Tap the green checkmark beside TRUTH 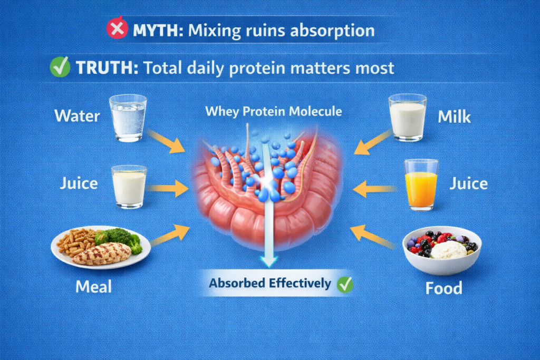(x=60, y=66)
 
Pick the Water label (x=77, y=115)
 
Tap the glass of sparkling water (x=128, y=118)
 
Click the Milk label (x=454, y=117)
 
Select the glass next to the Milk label (x=408, y=118)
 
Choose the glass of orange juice (x=421, y=184)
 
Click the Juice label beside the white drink (x=79, y=183)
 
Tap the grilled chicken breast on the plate (x=102, y=254)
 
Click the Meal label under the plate (x=93, y=287)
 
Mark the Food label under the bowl (x=443, y=288)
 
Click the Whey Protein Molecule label (x=274, y=112)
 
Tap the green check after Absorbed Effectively (x=345, y=284)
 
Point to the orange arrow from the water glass (x=166, y=141)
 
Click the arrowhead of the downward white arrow (x=269, y=261)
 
